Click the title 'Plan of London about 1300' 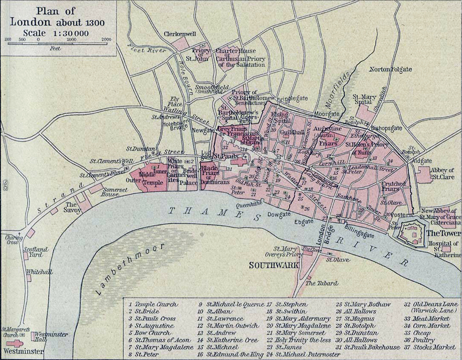pos(57,17)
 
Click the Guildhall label pos(292,133)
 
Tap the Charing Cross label pos(12,240)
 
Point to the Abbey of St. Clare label pos(442,173)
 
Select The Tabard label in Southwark pos(322,283)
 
